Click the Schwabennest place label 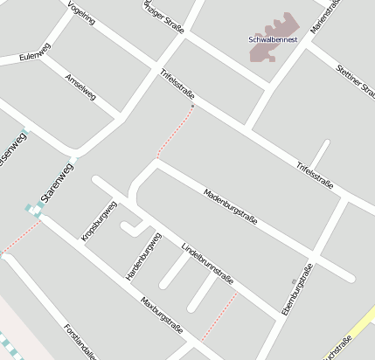pyautogui.click(x=273, y=39)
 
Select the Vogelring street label pyautogui.click(x=80, y=12)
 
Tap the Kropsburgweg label pyautogui.click(x=98, y=222)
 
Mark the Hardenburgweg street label pyautogui.click(x=144, y=257)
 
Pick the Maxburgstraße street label pyautogui.click(x=161, y=315)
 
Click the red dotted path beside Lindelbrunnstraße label pyautogui.click(x=220, y=316)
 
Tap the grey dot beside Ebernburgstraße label pyautogui.click(x=294, y=280)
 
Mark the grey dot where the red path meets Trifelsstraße pyautogui.click(x=193, y=106)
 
